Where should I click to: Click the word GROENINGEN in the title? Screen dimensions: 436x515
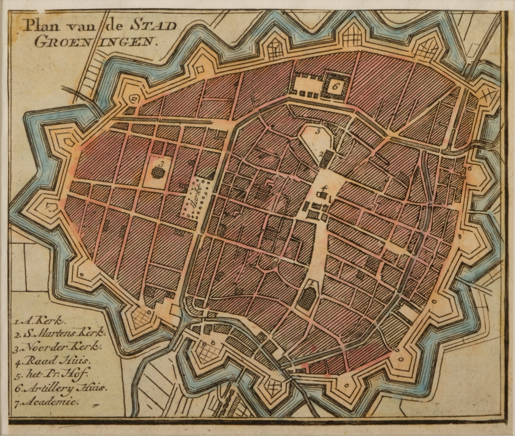coord(95,42)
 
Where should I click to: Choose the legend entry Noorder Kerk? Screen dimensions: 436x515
coord(58,347)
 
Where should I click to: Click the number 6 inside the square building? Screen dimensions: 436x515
coord(335,86)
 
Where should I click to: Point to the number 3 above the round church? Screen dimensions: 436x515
coord(161,163)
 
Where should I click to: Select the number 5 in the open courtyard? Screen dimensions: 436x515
coord(318,132)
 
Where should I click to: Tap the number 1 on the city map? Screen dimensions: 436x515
coord(311,283)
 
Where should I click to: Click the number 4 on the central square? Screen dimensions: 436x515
coord(323,188)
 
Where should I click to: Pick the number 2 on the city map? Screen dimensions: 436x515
coord(320,153)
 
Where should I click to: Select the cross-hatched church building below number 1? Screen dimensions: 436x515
coord(307,298)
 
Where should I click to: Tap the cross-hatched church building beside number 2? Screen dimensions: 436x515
coord(327,159)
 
